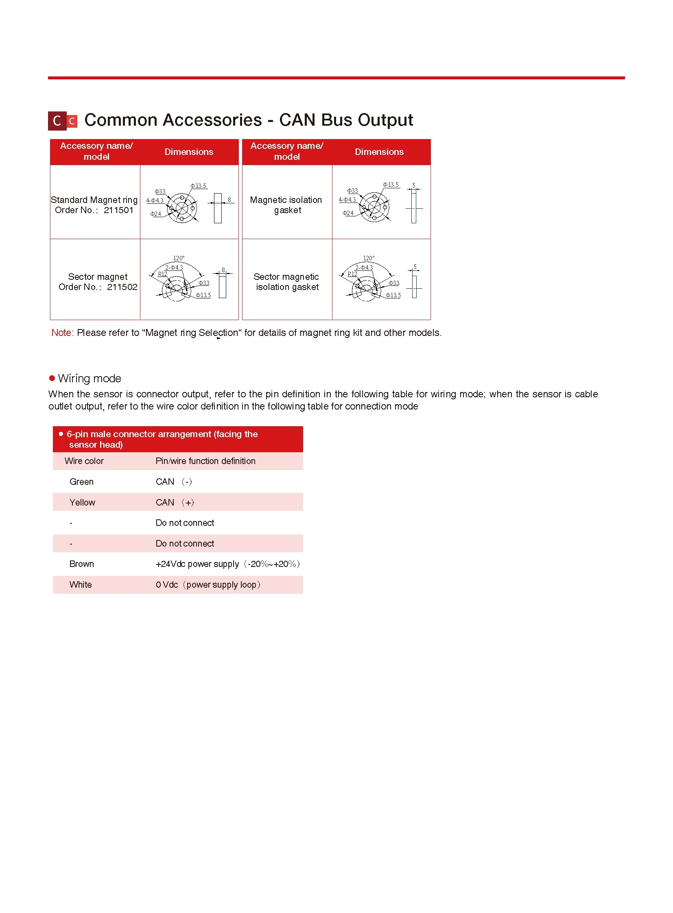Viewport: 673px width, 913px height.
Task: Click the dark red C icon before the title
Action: pyautogui.click(x=57, y=121)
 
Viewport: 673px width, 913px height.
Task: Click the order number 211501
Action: pyautogui.click(x=118, y=210)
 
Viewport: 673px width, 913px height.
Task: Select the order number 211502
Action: pyautogui.click(x=122, y=287)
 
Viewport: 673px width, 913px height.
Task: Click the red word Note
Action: pyautogui.click(x=62, y=333)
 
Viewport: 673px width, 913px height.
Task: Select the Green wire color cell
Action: pyautogui.click(x=81, y=482)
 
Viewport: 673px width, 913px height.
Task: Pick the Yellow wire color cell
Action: pyautogui.click(x=82, y=503)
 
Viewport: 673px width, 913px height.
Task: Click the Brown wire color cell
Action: pyautogui.click(x=81, y=564)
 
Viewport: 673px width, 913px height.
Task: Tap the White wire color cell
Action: pyautogui.click(x=81, y=585)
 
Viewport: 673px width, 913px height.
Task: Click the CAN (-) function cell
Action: pyautogui.click(x=174, y=482)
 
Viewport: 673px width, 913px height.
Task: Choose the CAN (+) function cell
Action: pyautogui.click(x=175, y=503)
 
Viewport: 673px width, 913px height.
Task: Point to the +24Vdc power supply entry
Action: pyautogui.click(x=227, y=564)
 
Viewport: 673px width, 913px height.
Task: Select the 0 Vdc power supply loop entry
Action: pyautogui.click(x=208, y=585)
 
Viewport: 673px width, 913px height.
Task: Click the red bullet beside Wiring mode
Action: pyautogui.click(x=52, y=379)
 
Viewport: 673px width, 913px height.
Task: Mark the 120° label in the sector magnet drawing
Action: pyautogui.click(x=179, y=259)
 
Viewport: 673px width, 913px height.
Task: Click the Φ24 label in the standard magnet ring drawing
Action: pyautogui.click(x=155, y=214)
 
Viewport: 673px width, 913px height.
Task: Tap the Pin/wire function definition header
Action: pyautogui.click(x=205, y=462)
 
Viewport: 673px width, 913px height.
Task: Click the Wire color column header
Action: pyautogui.click(x=84, y=462)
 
